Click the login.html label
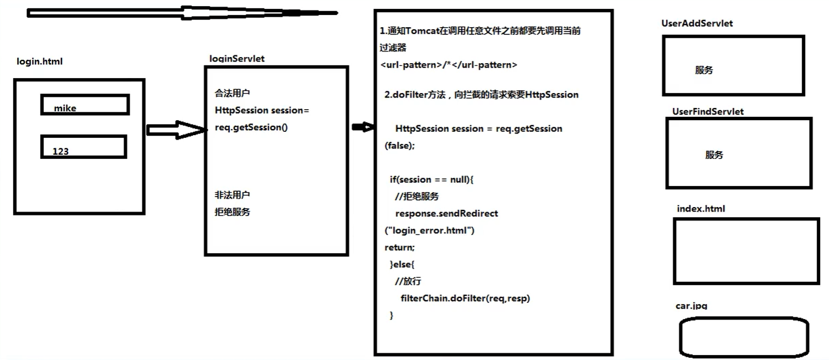(x=39, y=61)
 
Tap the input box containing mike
(x=85, y=105)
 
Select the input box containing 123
(x=84, y=147)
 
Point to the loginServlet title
(x=236, y=59)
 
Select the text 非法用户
(x=232, y=195)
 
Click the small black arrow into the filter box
(x=362, y=128)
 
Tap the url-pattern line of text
(x=449, y=65)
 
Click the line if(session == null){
(x=432, y=179)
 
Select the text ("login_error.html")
(x=429, y=230)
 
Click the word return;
(x=399, y=247)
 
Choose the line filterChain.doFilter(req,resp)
(x=465, y=299)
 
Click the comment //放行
(x=408, y=281)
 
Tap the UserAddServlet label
(x=697, y=23)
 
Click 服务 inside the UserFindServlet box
(x=714, y=155)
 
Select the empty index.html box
(x=746, y=251)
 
